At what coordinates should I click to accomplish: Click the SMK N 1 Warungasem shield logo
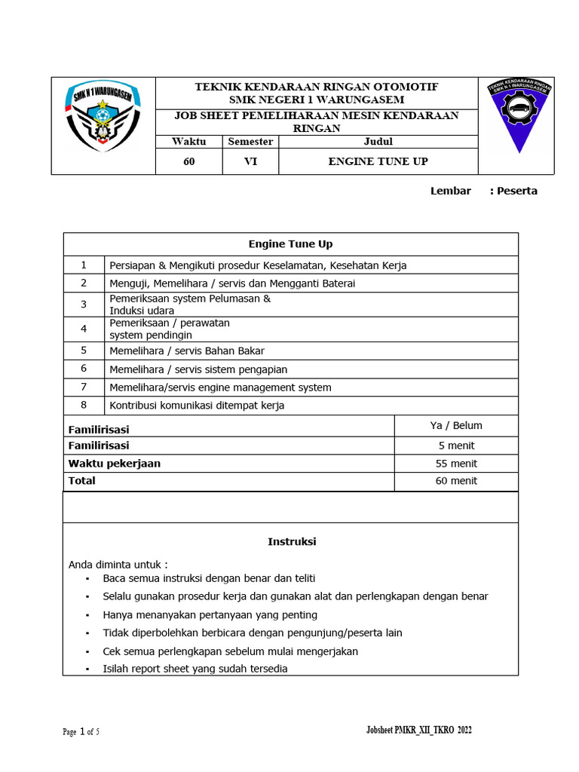pos(103,117)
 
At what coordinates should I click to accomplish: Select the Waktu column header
pos(188,141)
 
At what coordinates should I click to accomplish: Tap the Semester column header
pos(250,141)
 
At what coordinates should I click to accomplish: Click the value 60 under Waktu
pos(188,161)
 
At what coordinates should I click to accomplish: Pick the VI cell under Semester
pos(250,161)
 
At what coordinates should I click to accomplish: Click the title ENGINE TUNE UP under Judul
pos(378,161)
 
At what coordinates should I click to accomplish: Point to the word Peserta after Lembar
pos(516,191)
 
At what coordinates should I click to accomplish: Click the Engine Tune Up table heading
pos(290,244)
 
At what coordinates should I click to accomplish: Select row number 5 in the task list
pos(84,351)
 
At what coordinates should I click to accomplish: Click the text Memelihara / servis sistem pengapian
pos(198,369)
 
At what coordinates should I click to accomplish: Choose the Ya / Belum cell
pos(456,425)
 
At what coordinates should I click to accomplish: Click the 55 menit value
pos(456,464)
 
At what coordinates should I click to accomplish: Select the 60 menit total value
pos(456,481)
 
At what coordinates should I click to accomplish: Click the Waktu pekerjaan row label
pos(115,464)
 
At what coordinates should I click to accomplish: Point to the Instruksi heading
pos(292,541)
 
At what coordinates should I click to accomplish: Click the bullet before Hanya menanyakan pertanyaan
pos(87,615)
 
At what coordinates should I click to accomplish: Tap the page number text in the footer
pos(81,732)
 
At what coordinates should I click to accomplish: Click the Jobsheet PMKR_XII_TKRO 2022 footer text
pos(418,731)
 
